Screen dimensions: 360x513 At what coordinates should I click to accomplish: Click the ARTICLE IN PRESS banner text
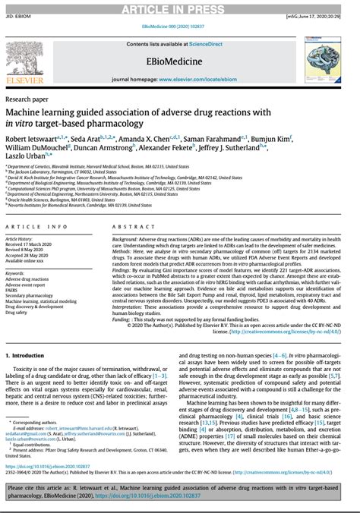(179, 7)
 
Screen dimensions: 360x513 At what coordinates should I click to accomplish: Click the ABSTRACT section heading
(128, 228)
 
